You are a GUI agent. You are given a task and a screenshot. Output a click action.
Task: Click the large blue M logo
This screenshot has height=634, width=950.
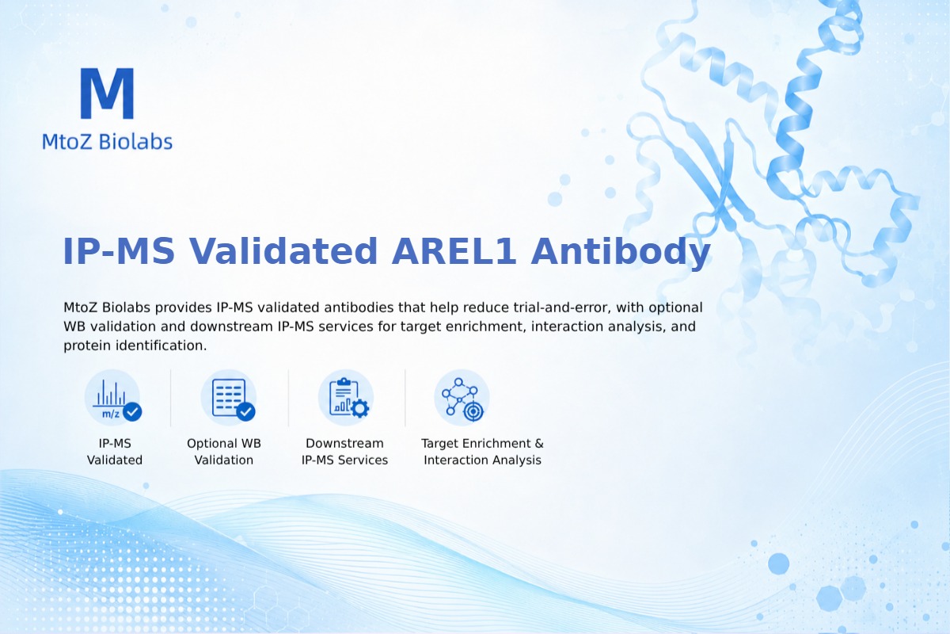tap(108, 93)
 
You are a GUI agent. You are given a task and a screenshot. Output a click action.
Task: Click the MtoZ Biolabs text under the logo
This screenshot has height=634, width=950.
tap(108, 141)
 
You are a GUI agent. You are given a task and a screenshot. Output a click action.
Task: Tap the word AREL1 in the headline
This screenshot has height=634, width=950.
tap(454, 251)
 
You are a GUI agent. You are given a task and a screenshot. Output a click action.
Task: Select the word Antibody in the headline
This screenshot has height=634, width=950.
tap(621, 252)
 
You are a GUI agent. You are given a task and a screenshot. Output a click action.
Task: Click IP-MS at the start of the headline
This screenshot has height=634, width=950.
tap(119, 251)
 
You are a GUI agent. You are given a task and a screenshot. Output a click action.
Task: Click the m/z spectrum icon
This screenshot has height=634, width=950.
tap(112, 398)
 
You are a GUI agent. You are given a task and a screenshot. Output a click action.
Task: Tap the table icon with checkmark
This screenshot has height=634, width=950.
tap(229, 398)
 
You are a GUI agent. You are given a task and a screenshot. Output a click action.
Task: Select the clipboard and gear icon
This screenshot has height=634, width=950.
tap(346, 398)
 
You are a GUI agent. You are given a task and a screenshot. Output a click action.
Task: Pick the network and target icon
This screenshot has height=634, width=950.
tap(462, 398)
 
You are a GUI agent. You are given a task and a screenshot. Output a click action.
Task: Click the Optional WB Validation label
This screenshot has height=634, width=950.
tap(224, 452)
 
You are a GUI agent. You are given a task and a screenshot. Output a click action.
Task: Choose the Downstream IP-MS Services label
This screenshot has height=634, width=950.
tap(345, 452)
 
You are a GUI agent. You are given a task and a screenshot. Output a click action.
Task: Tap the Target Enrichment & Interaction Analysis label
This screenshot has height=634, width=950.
tap(482, 452)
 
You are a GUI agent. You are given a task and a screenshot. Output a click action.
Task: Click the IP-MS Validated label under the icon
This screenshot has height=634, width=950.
tap(115, 452)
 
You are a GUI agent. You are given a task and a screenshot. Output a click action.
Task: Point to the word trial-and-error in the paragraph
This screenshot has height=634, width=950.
tap(562, 307)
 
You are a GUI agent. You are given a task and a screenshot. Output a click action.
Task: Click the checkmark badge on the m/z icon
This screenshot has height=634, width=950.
tap(132, 411)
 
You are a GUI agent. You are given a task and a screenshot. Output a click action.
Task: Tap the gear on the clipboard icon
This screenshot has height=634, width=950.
tap(360, 408)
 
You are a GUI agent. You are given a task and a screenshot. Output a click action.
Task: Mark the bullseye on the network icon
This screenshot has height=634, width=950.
tap(473, 411)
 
